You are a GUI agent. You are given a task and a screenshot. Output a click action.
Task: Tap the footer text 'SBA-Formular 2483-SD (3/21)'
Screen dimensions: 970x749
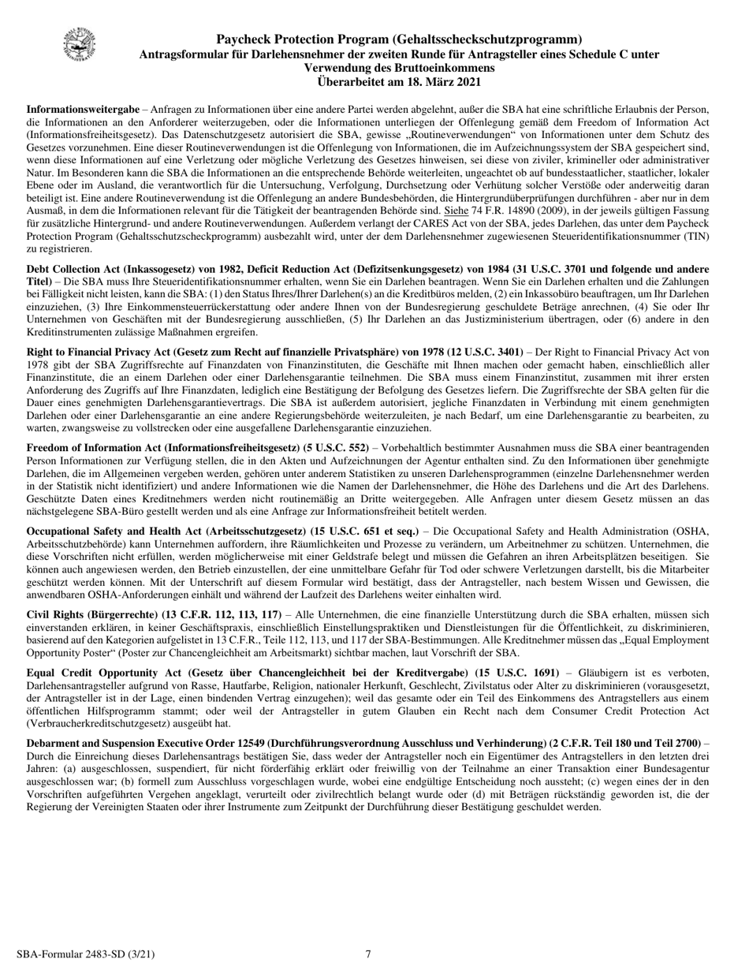[x=91, y=954]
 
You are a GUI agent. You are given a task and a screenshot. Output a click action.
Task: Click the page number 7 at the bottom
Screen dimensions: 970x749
[x=368, y=954]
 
